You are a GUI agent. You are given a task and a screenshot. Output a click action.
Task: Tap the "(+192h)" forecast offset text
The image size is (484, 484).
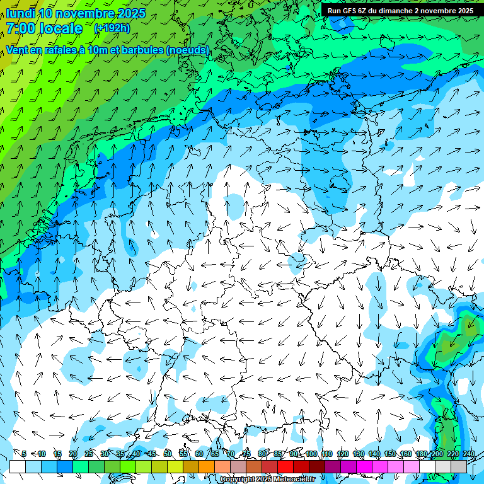click(x=112, y=28)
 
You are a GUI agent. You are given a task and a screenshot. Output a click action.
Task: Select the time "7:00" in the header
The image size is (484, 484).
click(x=20, y=28)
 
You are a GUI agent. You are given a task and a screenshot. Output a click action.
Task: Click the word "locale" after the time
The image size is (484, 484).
click(x=61, y=28)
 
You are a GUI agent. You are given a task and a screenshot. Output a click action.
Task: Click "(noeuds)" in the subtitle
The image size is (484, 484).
click(x=188, y=50)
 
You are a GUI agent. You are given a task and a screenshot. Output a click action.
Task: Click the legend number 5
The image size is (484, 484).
click(x=24, y=454)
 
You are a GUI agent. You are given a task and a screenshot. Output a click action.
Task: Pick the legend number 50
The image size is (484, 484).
click(x=168, y=454)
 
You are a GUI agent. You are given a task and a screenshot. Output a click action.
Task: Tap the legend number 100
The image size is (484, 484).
click(x=311, y=454)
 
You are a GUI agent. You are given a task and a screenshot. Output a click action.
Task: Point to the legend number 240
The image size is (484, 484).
click(x=469, y=454)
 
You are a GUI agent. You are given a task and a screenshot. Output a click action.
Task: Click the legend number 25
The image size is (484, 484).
click(x=88, y=454)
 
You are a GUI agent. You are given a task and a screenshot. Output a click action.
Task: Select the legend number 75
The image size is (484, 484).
click(x=246, y=454)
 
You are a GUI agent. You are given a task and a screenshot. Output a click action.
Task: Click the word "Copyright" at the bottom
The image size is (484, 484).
click(x=237, y=480)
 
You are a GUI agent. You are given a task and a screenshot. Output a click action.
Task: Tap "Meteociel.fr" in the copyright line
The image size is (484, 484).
click(x=294, y=480)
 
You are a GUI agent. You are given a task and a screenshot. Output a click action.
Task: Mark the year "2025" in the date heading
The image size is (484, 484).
click(x=130, y=13)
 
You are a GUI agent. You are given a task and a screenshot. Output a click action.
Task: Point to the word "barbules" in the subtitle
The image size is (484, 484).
click(x=141, y=50)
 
